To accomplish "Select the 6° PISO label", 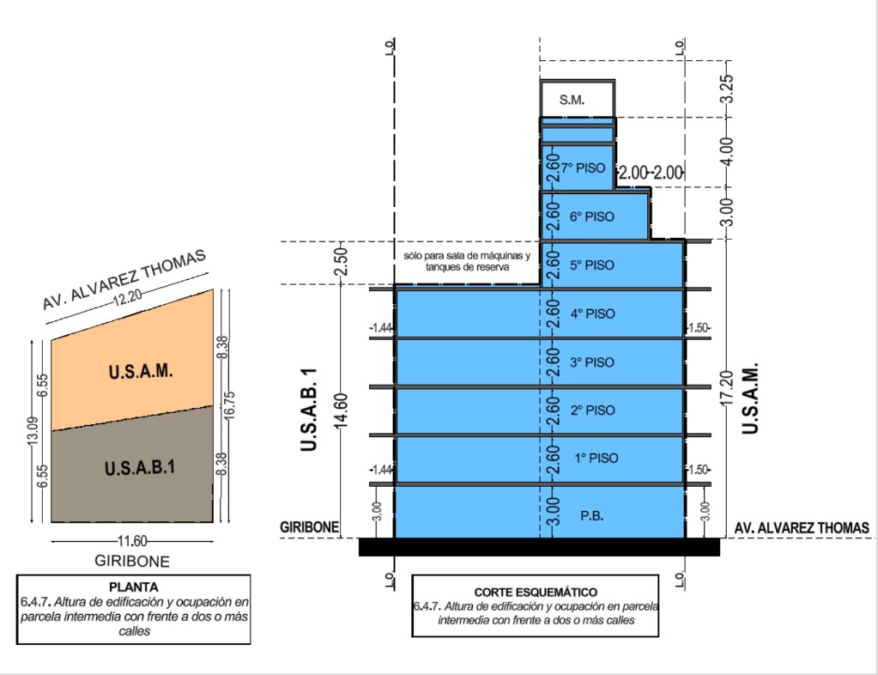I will coord(591,217).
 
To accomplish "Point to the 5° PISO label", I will coord(592,265).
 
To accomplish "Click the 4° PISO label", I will coord(592,314).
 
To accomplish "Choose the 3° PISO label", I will coord(592,362).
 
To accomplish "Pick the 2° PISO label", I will coord(592,410).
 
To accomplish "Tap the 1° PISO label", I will coord(592,459).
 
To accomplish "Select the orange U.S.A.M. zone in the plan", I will coord(141,372).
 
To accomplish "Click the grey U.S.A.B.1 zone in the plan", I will coord(140,469).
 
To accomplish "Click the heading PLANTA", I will coord(134,587).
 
